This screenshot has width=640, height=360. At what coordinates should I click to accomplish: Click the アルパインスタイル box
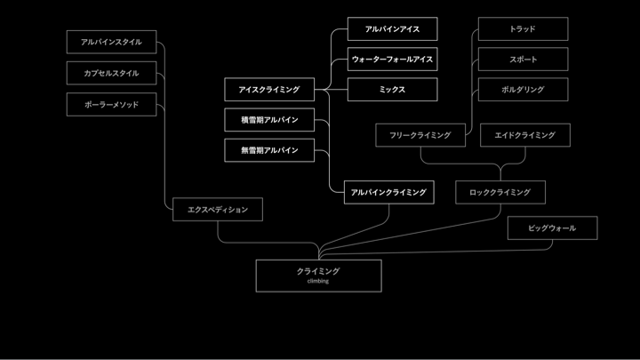[x=111, y=42]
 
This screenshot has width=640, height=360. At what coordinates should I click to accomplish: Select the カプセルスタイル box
[x=111, y=73]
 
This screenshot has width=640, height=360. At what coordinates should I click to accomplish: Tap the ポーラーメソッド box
[x=111, y=104]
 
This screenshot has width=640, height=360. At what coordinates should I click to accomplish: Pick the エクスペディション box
[x=218, y=209]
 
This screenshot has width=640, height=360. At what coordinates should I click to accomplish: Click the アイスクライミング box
[x=269, y=89]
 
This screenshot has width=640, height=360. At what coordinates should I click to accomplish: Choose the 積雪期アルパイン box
[x=269, y=120]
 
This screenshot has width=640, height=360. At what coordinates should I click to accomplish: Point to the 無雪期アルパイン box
[x=269, y=150]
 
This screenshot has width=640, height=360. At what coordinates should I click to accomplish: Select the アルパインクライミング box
[x=388, y=192]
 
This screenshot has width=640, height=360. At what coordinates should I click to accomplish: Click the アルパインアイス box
[x=392, y=29]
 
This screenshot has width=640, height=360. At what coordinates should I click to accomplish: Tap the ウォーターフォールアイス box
[x=392, y=60]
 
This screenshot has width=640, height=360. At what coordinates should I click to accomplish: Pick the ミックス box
[x=392, y=90]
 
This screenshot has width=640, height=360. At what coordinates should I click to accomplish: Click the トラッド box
[x=523, y=29]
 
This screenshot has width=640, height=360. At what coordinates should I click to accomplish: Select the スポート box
[x=523, y=60]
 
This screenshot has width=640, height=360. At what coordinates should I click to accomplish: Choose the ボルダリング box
[x=523, y=90]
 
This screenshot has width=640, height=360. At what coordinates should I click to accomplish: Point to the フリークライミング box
[x=420, y=135]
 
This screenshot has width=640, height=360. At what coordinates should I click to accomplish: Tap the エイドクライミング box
[x=524, y=135]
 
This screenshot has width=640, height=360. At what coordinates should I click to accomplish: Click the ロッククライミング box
[x=500, y=192]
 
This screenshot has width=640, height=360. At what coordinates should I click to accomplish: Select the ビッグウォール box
[x=552, y=228]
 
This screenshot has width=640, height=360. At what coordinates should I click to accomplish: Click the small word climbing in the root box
[x=318, y=281]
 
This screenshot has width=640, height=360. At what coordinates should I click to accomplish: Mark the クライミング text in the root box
[x=318, y=271]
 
